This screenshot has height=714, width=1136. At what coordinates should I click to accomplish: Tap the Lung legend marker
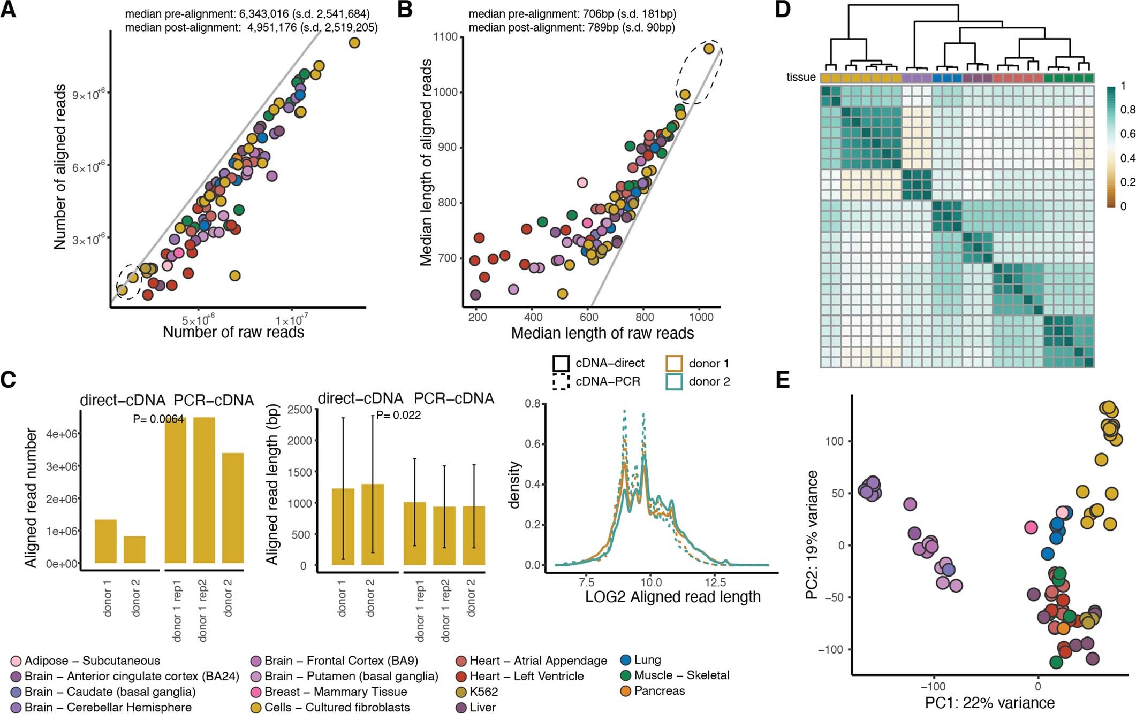[x=626, y=660]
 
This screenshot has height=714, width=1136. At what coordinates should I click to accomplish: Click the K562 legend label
[x=483, y=692]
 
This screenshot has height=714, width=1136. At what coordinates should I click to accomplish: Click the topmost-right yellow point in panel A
[x=354, y=43]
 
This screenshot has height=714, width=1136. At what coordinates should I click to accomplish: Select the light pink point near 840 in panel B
[x=582, y=182]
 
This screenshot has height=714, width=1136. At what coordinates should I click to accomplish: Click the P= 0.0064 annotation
[x=158, y=419]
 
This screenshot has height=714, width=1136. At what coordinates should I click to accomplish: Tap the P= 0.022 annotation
[x=398, y=415]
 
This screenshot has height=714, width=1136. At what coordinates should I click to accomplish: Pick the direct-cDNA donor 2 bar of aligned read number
[x=134, y=549]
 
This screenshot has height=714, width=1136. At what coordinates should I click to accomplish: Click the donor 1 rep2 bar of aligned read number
[x=204, y=490]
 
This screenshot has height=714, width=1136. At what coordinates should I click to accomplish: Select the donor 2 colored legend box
[x=674, y=381]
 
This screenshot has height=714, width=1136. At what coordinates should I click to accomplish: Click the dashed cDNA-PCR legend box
[x=561, y=381]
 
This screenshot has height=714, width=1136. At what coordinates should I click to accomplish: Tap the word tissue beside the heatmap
[x=800, y=78]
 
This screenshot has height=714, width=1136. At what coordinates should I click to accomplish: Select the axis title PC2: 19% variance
[x=812, y=535]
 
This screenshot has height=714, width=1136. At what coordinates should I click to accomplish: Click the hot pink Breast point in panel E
[x=1031, y=527]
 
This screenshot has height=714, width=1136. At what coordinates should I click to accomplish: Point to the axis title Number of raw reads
[x=233, y=332]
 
